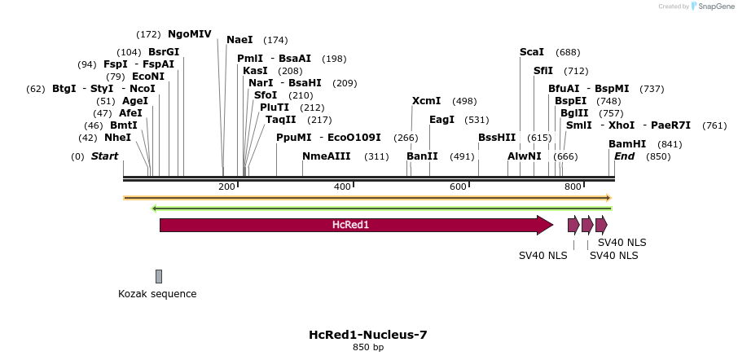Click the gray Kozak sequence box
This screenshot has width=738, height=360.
(159, 276)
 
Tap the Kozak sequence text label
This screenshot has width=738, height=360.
(157, 294)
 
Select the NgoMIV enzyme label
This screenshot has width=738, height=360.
(190, 34)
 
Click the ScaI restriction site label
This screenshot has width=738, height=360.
(532, 52)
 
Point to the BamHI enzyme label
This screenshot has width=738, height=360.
(627, 144)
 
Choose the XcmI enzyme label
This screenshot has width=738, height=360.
(426, 101)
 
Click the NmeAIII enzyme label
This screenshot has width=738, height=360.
(326, 156)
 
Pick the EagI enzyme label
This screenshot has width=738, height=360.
(441, 120)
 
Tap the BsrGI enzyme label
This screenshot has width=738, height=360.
(164, 52)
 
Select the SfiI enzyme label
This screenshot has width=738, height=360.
(543, 71)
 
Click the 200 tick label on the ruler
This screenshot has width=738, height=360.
(226, 187)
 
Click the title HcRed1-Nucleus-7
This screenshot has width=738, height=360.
(368, 335)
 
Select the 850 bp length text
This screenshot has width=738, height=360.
(368, 348)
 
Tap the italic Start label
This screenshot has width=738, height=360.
(104, 156)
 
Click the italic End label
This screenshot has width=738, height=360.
(625, 156)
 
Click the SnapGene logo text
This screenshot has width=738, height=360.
(714, 7)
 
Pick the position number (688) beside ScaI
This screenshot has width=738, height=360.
(568, 52)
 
